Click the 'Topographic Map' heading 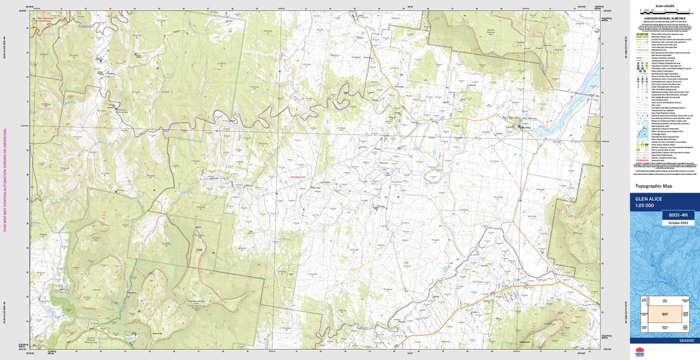point(654,186)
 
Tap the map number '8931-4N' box point(677,215)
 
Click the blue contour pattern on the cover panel point(663,260)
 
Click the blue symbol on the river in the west point(101,60)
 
